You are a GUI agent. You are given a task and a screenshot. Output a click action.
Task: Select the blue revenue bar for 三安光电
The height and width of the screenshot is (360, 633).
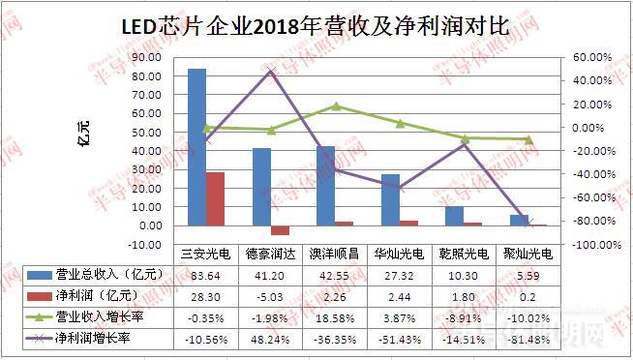pyautogui.click(x=196, y=145)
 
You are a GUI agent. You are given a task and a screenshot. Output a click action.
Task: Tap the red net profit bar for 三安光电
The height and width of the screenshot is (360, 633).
pyautogui.click(x=215, y=198)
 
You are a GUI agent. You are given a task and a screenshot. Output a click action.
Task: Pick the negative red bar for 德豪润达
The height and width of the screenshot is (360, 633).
pyautogui.click(x=280, y=230)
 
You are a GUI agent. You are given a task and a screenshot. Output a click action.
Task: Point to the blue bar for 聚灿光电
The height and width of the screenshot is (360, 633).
pyautogui.click(x=520, y=221)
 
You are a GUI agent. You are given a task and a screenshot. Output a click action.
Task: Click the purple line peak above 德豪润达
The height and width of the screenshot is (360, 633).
pyautogui.click(x=271, y=71)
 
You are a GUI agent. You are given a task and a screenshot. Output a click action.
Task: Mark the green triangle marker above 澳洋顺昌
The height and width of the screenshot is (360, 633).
pyautogui.click(x=336, y=106)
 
